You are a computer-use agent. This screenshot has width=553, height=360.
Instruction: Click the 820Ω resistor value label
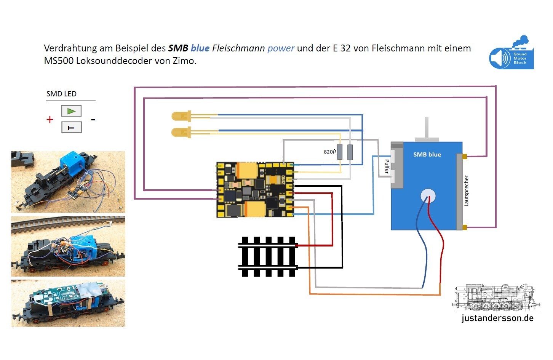330,152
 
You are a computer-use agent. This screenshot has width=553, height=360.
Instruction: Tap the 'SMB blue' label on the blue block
427,154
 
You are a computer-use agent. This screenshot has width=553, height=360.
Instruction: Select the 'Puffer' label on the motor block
387,166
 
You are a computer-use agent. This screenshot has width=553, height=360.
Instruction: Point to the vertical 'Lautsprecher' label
466,191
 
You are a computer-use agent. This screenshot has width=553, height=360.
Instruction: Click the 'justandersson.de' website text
497,318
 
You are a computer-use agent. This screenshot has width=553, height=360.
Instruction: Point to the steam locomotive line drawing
496,297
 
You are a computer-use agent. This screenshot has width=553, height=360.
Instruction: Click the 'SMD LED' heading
61,94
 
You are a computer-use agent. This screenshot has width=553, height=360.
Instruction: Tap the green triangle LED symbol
71,111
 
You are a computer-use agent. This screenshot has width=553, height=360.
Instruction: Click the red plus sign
50,120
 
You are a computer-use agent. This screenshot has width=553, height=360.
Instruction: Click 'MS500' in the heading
59,61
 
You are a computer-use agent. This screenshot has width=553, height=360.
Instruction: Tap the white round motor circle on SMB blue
428,196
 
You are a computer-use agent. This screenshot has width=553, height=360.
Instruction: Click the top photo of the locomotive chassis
68,182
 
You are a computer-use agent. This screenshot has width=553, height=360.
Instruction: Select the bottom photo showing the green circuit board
68,303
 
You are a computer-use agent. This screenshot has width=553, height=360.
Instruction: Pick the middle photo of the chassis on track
68,246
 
